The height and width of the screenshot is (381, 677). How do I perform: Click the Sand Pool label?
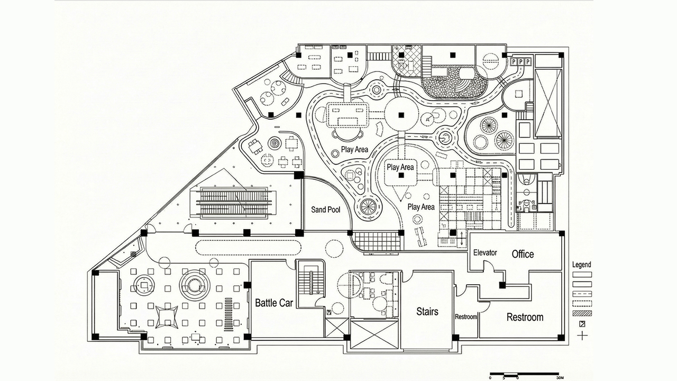click(x=325, y=210)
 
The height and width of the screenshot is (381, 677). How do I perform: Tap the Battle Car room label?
click(x=274, y=303)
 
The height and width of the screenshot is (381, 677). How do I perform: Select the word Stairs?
click(x=427, y=311)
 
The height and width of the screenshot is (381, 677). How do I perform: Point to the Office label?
click(x=523, y=254)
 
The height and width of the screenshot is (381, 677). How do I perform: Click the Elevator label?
click(x=485, y=253)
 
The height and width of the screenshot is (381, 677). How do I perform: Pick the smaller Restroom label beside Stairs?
click(x=466, y=317)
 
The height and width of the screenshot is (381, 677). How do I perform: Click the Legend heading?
click(x=582, y=265)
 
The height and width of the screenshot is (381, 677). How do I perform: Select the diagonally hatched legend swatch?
click(x=582, y=313)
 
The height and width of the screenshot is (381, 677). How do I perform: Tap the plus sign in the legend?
click(x=582, y=335)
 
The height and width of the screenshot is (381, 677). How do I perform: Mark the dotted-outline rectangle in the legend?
click(x=582, y=303)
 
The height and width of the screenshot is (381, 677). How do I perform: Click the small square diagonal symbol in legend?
click(x=582, y=324)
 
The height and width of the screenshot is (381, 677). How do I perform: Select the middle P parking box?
click(x=520, y=62)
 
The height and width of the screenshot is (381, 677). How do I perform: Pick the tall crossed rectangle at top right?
click(x=547, y=103)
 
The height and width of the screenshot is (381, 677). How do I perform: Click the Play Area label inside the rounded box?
click(x=400, y=167)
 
